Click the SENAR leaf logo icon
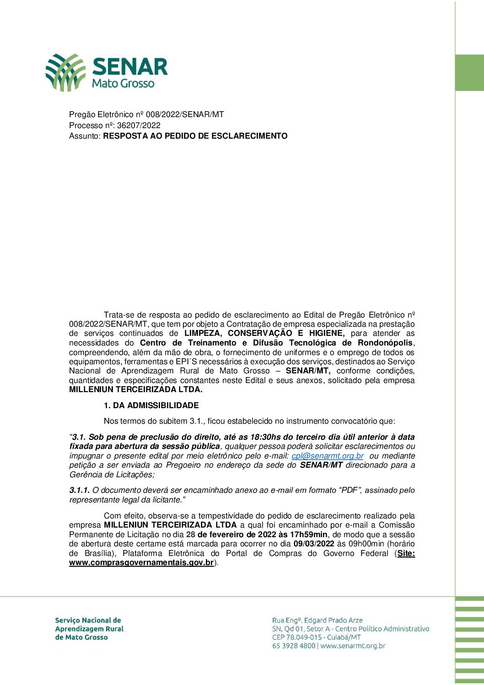pos(65,72)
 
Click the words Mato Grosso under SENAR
pos(123,83)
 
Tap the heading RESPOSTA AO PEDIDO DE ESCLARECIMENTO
pos(195,136)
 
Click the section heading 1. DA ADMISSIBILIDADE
pos(151,405)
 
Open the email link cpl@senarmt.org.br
pos(328,456)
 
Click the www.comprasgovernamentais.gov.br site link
pos(141,563)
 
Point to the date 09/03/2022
pos(314,544)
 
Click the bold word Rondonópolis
pos(385,343)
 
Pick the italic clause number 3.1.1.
pos(80,491)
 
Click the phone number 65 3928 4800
pos(293,646)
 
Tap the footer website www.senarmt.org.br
pos(353,646)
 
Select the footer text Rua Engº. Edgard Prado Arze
pos(317,620)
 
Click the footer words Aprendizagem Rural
pos(89,629)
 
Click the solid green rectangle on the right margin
pos(469,73)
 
